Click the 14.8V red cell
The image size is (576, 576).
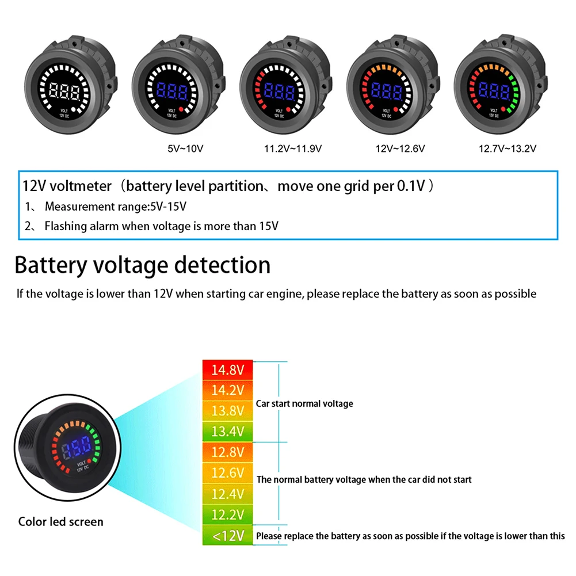click(x=228, y=369)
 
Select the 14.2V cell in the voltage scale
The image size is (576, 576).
click(x=228, y=390)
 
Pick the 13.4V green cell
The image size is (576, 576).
click(x=228, y=432)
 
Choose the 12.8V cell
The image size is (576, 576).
click(x=228, y=452)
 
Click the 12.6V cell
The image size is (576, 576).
click(x=228, y=473)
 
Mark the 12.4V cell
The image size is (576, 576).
click(x=228, y=494)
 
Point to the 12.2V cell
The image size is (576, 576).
click(x=228, y=514)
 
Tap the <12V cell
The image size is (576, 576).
click(x=228, y=536)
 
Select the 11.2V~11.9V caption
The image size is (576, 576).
click(x=292, y=148)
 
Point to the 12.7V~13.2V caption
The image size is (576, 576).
click(x=508, y=148)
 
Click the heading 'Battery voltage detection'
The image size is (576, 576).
click(x=143, y=265)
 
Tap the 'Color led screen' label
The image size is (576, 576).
click(x=61, y=522)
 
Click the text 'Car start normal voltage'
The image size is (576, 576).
click(x=304, y=404)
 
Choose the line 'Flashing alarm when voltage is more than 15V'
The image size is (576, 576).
click(x=161, y=226)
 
